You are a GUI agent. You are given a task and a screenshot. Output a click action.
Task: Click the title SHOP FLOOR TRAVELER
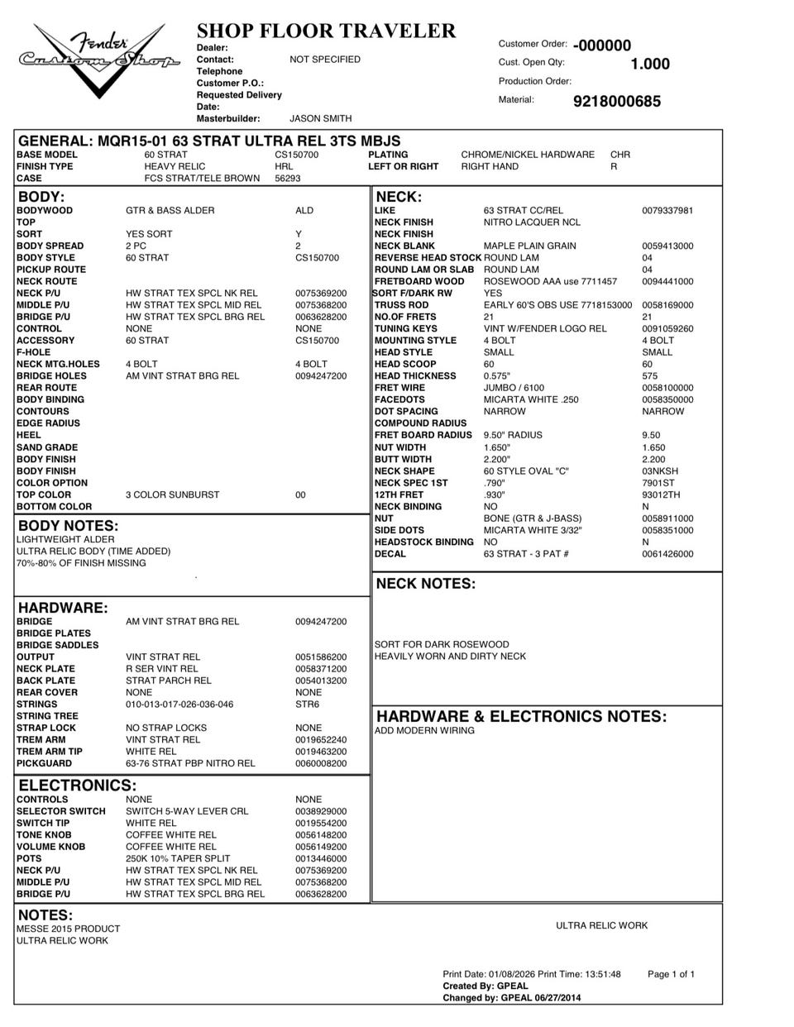(326, 31)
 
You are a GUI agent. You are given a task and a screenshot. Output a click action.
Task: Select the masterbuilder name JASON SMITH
(320, 119)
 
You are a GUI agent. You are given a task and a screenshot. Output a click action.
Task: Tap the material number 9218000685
(616, 102)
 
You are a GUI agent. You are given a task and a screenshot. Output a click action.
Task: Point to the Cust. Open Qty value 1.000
(650, 64)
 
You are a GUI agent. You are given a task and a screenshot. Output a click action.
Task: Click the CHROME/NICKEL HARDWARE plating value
(527, 155)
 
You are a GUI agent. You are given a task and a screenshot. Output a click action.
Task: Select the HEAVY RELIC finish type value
(175, 166)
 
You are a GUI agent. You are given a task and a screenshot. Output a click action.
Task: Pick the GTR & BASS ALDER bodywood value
(170, 211)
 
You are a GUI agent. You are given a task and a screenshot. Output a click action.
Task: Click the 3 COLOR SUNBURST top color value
(172, 495)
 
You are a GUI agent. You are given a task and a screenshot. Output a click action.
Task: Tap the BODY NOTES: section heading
(68, 526)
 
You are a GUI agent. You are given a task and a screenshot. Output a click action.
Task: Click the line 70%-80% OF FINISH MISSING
(81, 563)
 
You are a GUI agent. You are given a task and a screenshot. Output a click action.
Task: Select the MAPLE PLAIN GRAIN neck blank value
(529, 246)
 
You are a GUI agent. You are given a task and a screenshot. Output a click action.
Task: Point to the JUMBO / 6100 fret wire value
(514, 388)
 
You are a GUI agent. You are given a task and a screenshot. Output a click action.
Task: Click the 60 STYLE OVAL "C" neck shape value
(526, 471)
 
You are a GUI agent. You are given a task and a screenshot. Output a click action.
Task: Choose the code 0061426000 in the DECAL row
(667, 554)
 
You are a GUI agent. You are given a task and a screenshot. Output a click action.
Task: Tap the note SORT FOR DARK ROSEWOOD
(442, 645)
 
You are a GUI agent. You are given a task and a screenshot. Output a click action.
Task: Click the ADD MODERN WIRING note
(424, 731)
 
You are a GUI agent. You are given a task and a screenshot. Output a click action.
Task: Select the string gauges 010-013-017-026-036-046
(179, 705)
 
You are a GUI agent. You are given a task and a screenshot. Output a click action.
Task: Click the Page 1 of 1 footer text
(671, 974)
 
